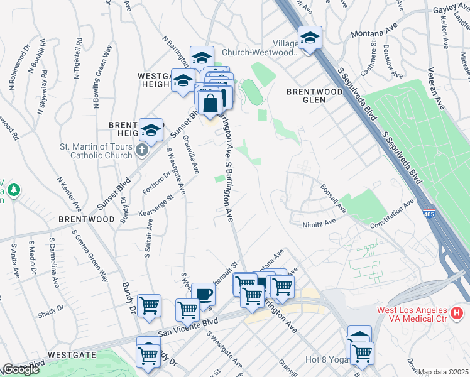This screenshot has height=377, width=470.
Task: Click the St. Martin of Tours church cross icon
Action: pos(142,150)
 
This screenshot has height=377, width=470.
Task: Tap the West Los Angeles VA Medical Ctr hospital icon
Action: pos(457,312)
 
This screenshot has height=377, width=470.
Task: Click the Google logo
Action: pos(20,369)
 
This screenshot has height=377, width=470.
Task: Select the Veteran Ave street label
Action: pos(437,89)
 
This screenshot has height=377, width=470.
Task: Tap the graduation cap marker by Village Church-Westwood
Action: pos(310,38)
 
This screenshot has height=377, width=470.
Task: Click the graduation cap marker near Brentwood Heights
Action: pos(151,130)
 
